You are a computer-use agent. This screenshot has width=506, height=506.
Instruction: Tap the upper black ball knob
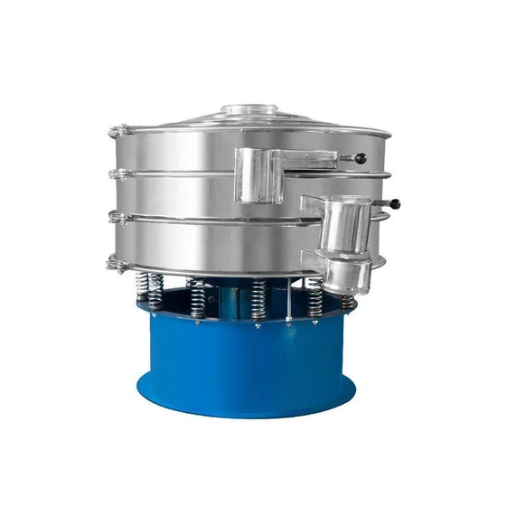pos(361,159)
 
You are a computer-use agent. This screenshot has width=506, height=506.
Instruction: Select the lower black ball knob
pos(395,204)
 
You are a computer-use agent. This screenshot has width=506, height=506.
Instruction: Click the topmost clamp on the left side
pos(115,133)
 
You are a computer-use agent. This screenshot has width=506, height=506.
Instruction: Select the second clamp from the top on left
pos(114,173)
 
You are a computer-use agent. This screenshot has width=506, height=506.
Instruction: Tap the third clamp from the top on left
pos(115,215)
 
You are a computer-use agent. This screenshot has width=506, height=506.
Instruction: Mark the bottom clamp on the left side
pos(115,264)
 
